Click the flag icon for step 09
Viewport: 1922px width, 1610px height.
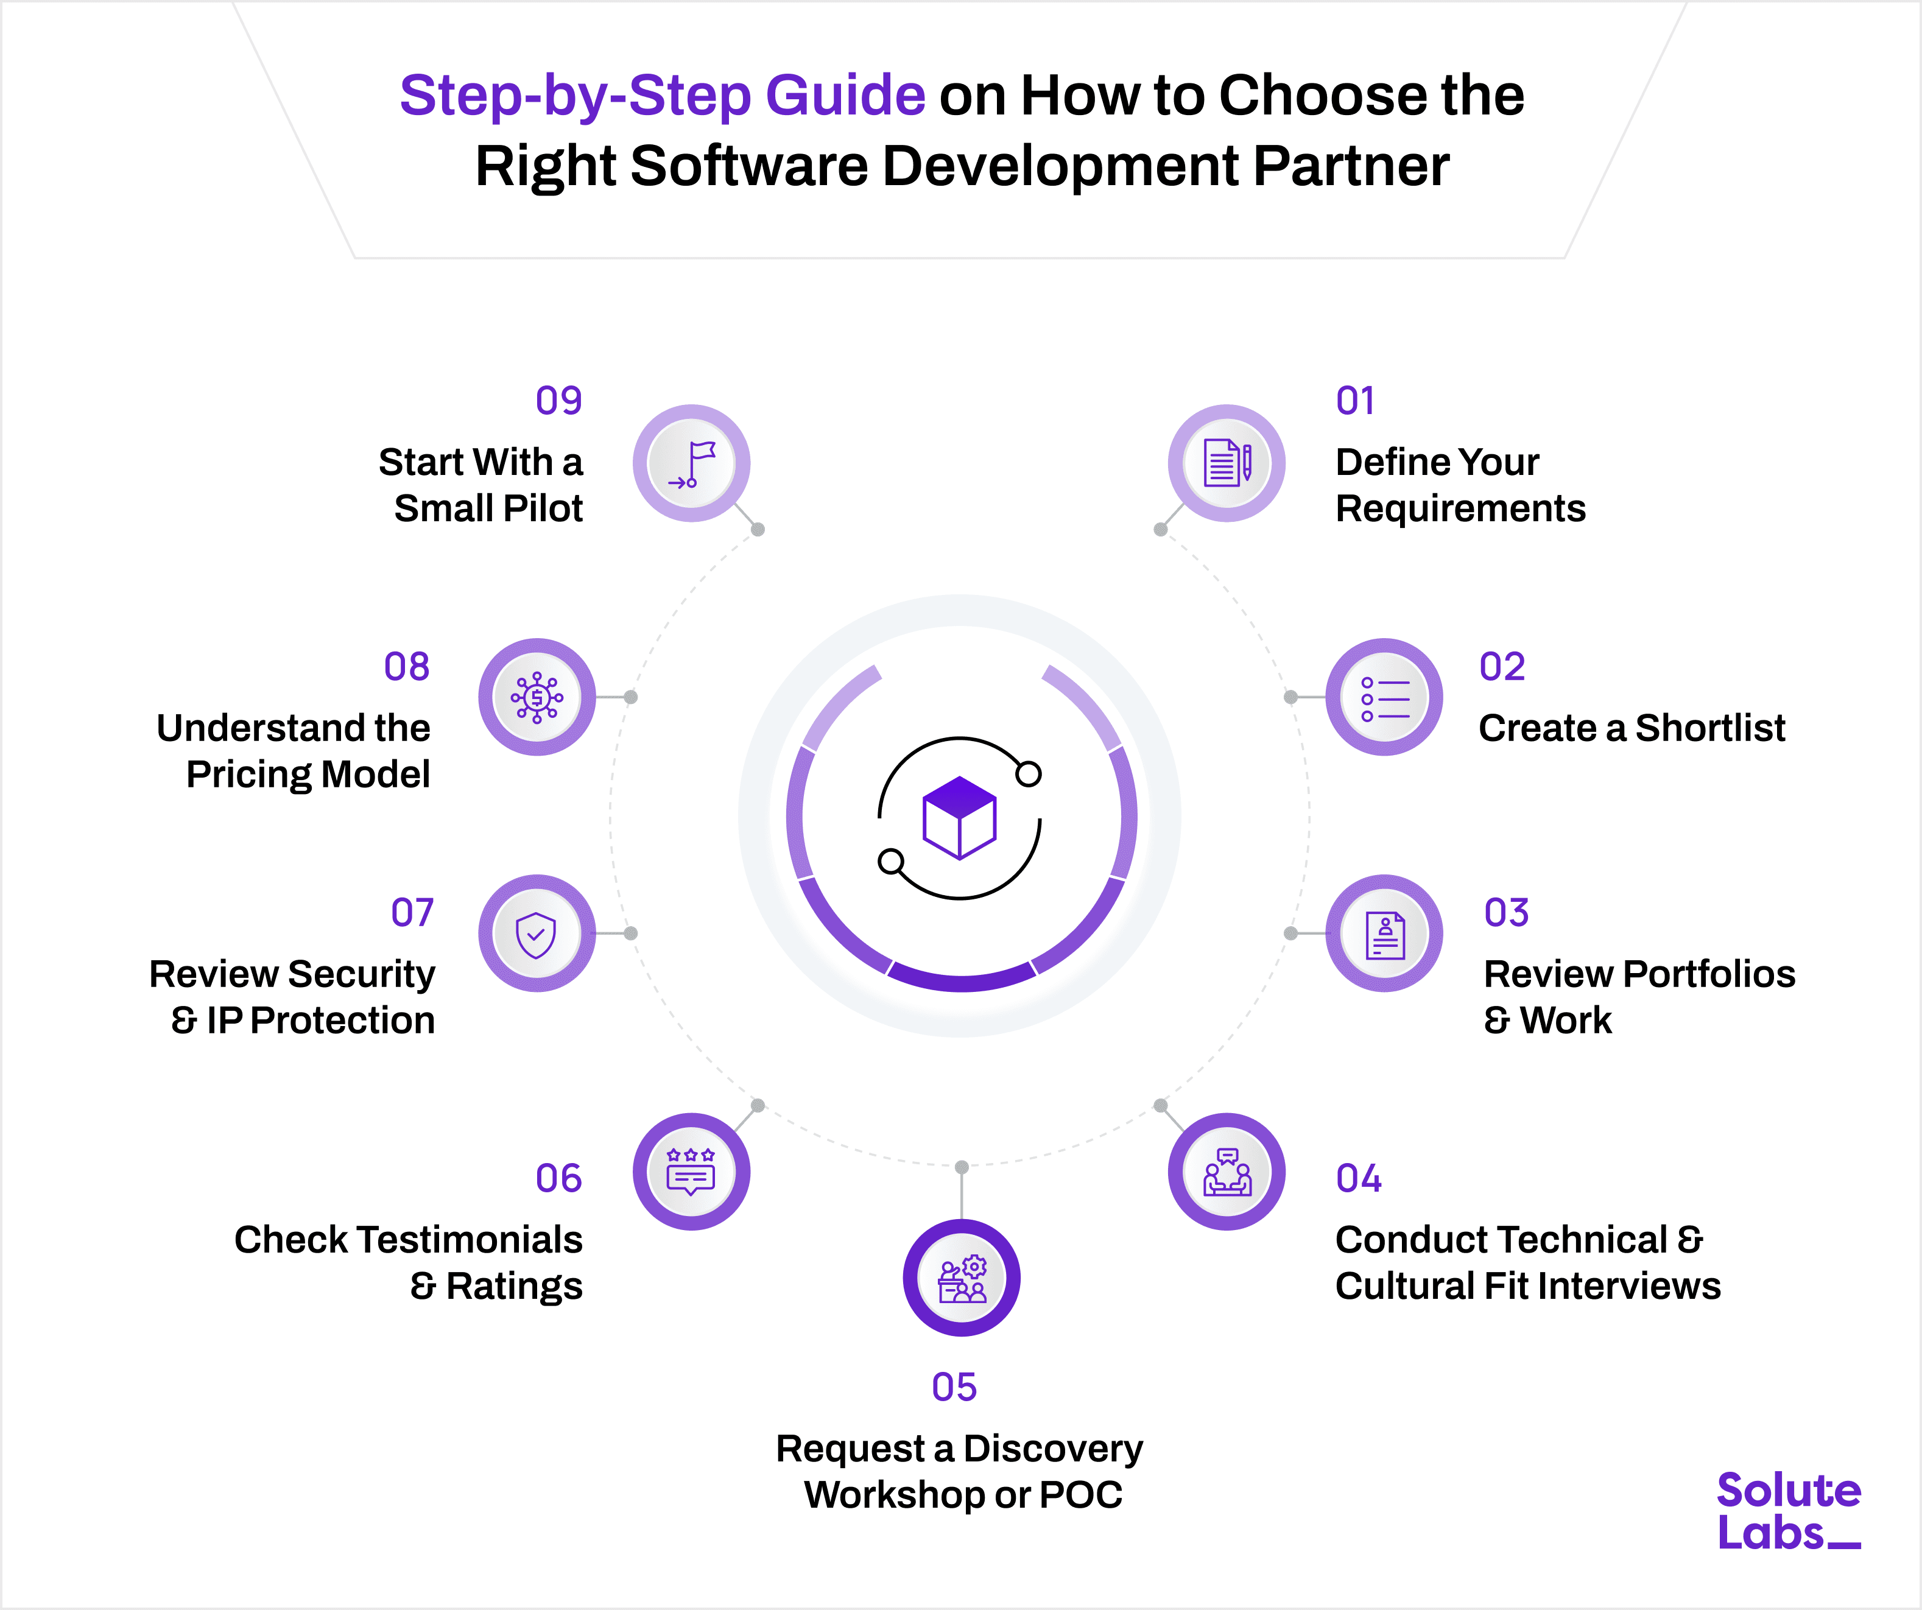click(692, 463)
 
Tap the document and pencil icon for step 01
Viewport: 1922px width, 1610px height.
click(1227, 463)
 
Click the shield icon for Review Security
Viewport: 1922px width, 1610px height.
click(537, 933)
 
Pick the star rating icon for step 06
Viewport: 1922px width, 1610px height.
click(691, 1172)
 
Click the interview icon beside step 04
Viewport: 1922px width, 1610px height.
click(1227, 1172)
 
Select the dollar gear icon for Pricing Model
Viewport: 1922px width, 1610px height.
click(537, 697)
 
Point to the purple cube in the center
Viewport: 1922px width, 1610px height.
click(959, 817)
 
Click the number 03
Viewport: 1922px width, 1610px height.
click(1505, 913)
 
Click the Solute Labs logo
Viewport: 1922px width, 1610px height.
click(1787, 1511)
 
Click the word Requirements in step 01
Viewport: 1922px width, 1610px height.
click(1460, 508)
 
